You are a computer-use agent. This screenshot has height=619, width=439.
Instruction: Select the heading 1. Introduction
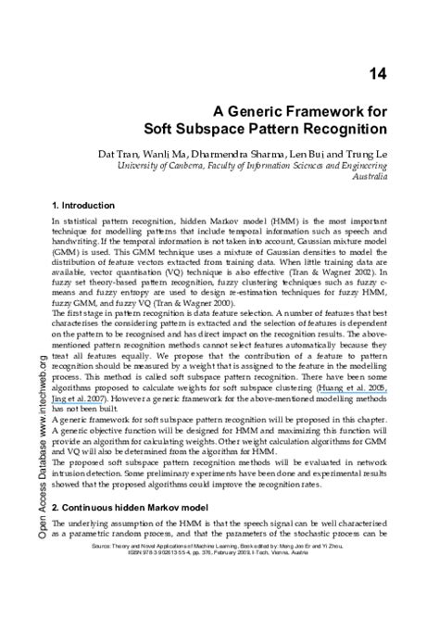click(x=88, y=204)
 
